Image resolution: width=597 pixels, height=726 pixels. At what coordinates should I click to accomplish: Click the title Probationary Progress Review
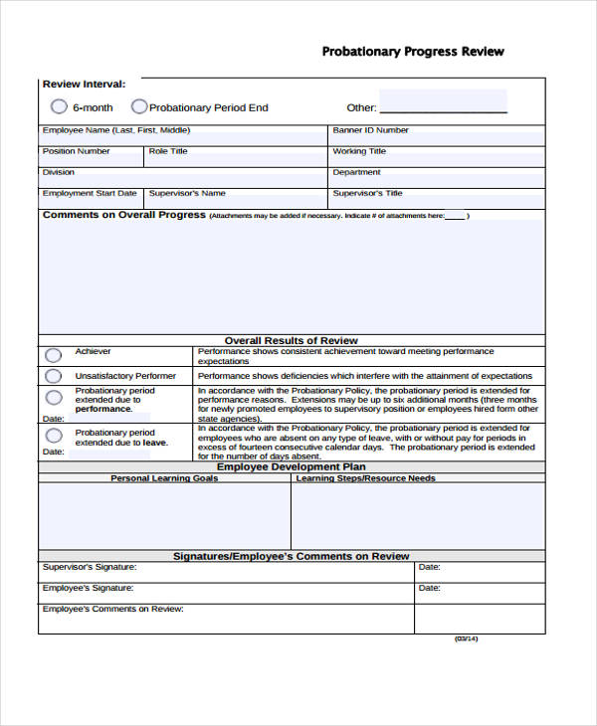413,52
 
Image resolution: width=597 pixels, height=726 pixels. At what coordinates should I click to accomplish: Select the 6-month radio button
59,106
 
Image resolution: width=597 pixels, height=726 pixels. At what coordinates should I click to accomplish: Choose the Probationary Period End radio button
139,106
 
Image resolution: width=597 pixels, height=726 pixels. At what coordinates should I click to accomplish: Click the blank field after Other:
443,103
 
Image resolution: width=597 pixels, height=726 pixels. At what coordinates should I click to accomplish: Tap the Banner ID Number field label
370,130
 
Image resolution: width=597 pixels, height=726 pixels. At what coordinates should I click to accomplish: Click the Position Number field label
76,151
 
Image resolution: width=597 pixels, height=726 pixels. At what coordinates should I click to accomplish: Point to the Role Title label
168,151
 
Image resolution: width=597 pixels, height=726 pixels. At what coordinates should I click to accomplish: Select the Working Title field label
359,151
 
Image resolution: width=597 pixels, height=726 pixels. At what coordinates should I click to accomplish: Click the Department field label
356,172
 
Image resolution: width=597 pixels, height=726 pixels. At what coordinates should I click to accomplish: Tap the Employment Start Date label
90,193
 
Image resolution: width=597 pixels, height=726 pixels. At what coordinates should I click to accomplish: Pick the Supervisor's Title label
367,193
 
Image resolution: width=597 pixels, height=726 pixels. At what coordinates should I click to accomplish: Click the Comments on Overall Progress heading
124,215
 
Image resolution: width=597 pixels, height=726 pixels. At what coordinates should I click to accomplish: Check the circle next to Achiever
53,355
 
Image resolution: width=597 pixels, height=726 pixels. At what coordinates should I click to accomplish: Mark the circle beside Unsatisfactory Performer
53,376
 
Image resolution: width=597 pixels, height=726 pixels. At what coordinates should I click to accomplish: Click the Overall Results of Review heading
291,340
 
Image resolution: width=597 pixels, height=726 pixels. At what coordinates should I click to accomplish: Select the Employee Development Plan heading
291,466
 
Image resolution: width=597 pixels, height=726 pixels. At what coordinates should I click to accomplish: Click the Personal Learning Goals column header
164,478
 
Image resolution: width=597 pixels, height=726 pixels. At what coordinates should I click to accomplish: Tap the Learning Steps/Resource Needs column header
365,478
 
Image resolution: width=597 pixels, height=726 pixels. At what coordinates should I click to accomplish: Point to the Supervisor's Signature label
90,567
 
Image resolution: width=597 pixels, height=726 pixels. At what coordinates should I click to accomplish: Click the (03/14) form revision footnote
467,638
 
